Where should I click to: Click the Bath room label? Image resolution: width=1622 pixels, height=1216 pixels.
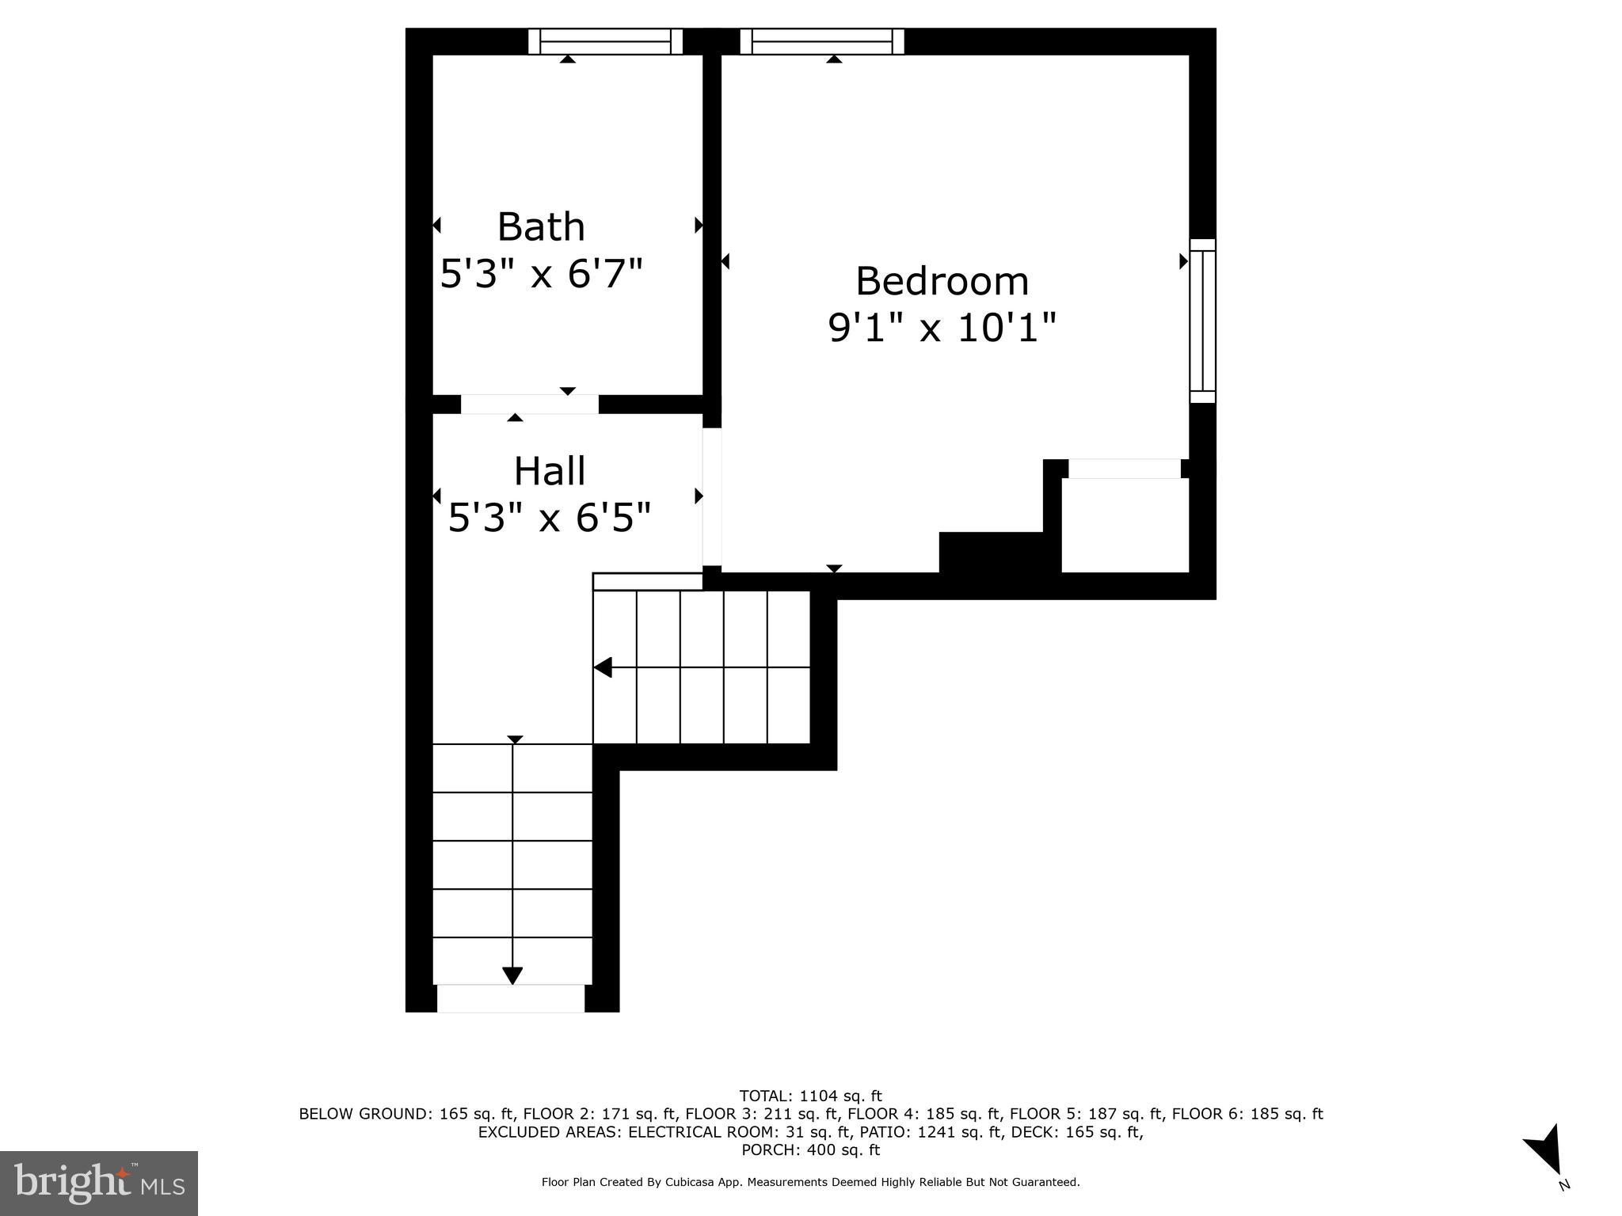[x=541, y=227]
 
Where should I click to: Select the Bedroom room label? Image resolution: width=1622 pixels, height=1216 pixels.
[x=942, y=281]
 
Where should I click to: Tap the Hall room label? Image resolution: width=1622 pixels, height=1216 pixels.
[x=550, y=471]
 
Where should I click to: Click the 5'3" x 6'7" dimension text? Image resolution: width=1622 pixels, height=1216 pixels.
[x=541, y=275]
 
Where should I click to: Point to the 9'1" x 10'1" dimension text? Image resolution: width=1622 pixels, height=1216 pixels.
[x=942, y=328]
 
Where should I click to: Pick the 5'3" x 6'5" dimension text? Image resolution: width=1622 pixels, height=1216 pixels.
[x=550, y=519]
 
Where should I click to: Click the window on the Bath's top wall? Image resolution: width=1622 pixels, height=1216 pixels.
[x=605, y=41]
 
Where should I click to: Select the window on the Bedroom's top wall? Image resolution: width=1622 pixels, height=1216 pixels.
[x=822, y=41]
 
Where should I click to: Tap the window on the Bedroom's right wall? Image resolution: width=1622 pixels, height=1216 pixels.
[x=1202, y=321]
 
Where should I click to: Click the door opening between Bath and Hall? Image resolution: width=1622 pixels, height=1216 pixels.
[x=529, y=405]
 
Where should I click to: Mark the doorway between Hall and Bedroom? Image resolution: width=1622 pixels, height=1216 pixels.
[x=712, y=497]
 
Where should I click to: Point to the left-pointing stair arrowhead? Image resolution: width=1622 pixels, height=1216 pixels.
[x=603, y=667]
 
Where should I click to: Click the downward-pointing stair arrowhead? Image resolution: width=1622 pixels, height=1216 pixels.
[x=513, y=975]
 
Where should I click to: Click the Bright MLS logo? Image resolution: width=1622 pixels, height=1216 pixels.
[x=99, y=1183]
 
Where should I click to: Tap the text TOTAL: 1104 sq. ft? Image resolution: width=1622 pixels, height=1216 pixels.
[x=810, y=1096]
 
